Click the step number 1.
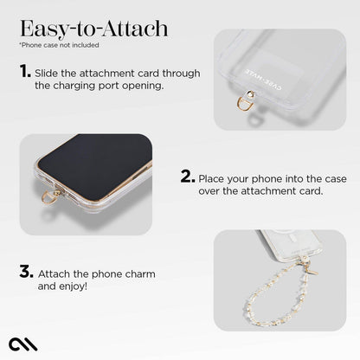click(25, 73)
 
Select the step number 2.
click(186, 176)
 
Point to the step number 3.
click(26, 271)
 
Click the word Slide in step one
click(49, 74)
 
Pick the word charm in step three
click(138, 273)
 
